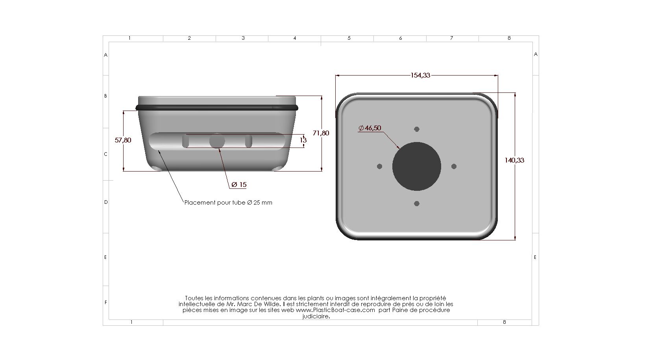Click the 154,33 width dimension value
[x=420, y=75]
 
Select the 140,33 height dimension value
[x=514, y=160]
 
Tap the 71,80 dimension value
[x=321, y=133]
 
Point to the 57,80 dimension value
[x=123, y=140]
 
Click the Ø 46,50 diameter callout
[x=370, y=128]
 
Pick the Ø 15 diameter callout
[x=239, y=185]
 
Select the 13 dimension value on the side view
[x=303, y=140]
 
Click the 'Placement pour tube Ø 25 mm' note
[x=228, y=203]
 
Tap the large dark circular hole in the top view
[x=417, y=166]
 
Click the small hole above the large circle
[x=417, y=129]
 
